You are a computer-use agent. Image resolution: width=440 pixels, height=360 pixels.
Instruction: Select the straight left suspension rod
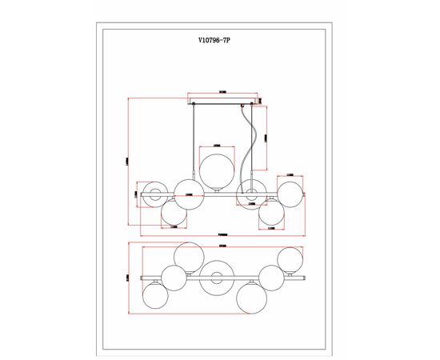point(194,144)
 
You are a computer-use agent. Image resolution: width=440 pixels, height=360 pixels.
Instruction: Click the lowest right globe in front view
point(271,212)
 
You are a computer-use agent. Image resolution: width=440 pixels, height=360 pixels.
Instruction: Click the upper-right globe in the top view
point(290,259)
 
